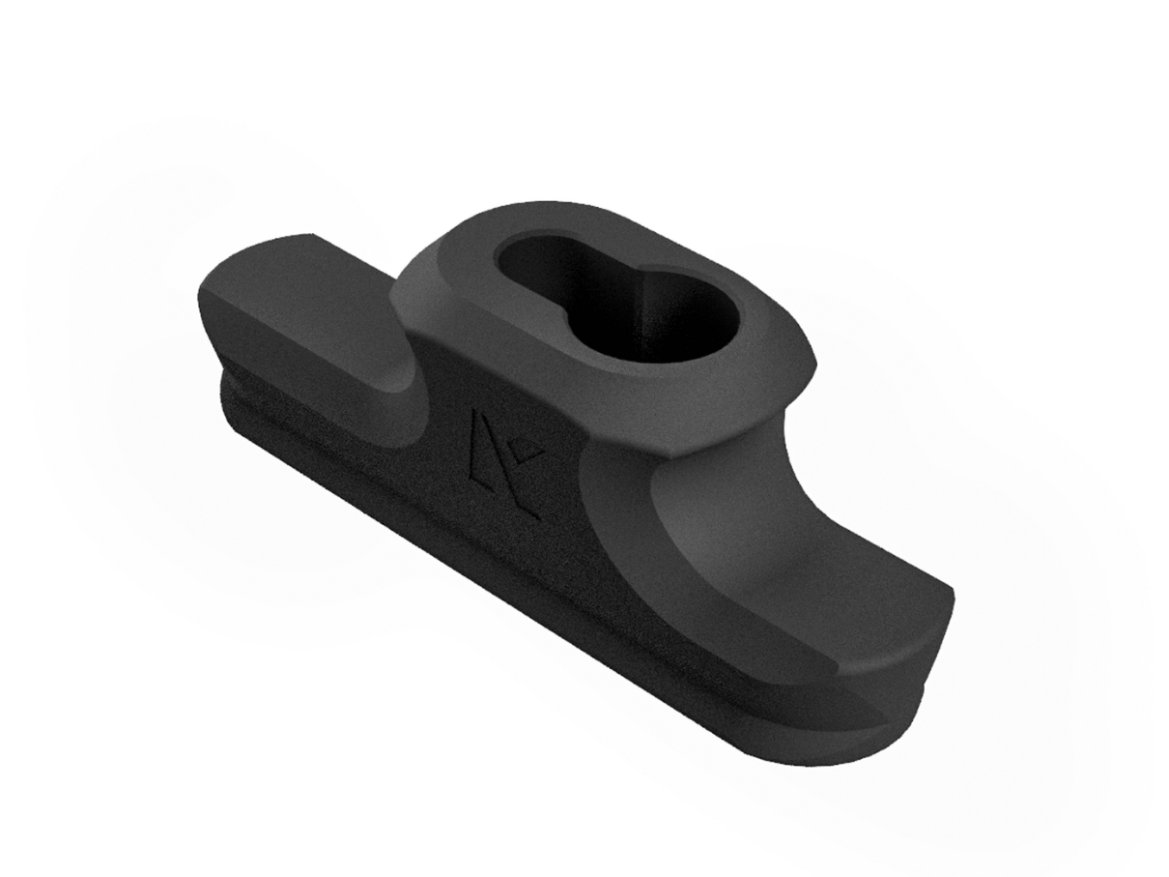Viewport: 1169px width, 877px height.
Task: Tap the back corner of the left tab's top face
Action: click(311, 237)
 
